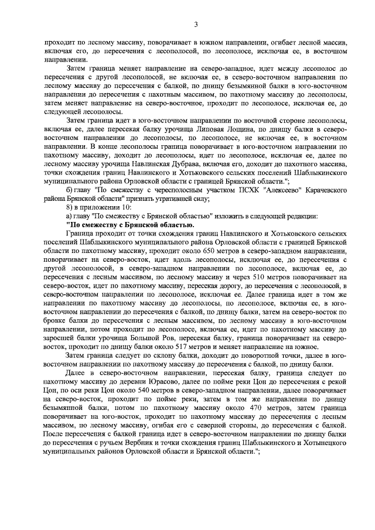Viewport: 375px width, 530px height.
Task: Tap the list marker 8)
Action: [70, 208]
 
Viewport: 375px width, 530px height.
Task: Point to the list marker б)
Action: [70, 191]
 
